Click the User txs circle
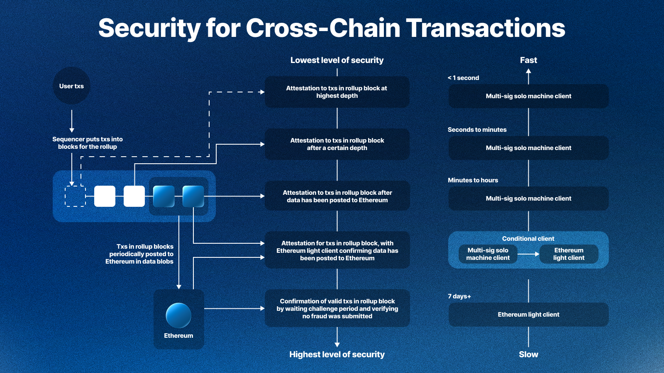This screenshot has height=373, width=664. click(x=71, y=86)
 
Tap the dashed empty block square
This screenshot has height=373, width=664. click(x=75, y=196)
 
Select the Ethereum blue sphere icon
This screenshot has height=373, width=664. click(x=178, y=315)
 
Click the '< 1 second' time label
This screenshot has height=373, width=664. click(x=463, y=78)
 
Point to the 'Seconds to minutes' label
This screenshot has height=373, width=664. click(x=477, y=130)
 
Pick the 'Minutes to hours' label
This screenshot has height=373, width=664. click(x=473, y=180)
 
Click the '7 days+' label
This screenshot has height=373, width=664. click(x=459, y=296)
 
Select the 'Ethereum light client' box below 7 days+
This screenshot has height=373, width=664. click(x=528, y=315)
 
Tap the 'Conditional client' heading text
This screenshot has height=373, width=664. click(x=528, y=239)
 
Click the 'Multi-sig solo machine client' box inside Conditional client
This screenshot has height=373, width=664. click(x=488, y=254)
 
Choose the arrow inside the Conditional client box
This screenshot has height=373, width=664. click(x=528, y=254)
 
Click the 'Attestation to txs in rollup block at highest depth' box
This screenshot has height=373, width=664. click(x=337, y=92)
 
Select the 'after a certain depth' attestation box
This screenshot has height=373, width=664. click(x=337, y=144)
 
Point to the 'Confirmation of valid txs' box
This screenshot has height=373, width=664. click(x=337, y=309)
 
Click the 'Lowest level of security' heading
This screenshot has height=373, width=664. click(x=337, y=61)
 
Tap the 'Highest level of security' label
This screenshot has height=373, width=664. click(x=337, y=354)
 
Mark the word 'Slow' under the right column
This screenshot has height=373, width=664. click(x=528, y=354)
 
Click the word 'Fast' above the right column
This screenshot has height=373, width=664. click(x=528, y=61)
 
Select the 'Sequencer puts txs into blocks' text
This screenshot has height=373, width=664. click(x=88, y=143)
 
